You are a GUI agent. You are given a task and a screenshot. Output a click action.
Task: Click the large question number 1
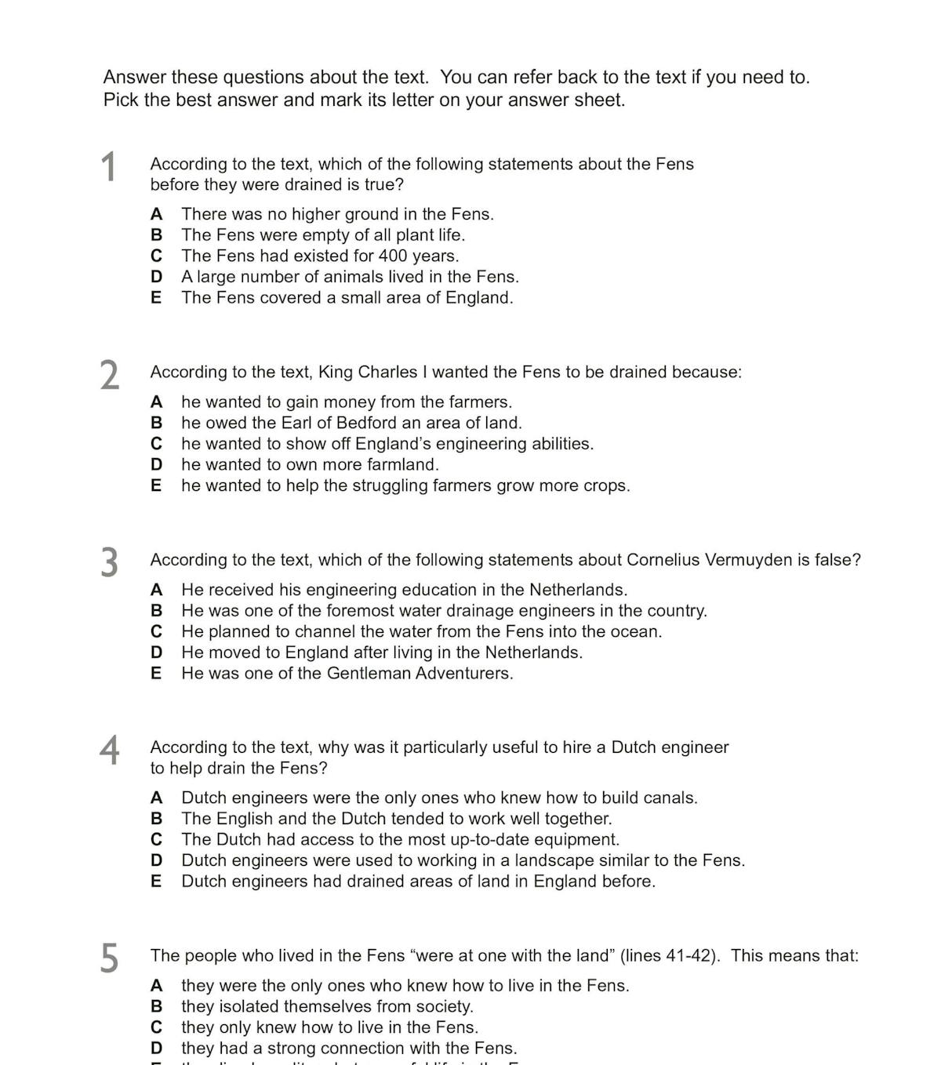click(109, 167)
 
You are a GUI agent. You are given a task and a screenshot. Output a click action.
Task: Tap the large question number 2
click(110, 375)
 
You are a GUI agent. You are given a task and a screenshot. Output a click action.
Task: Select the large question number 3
click(110, 562)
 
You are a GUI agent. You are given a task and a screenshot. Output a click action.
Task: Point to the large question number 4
click(110, 750)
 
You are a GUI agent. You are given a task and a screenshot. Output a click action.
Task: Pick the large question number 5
click(110, 958)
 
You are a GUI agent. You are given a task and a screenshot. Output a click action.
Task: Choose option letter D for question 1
click(157, 277)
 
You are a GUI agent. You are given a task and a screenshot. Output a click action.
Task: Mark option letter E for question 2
click(156, 485)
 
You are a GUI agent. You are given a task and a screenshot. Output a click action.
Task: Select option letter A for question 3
click(157, 590)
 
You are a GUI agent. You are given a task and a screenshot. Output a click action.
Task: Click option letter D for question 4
click(157, 860)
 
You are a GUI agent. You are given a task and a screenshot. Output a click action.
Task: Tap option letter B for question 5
click(157, 1006)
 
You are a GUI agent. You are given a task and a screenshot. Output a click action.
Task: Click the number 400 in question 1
click(394, 256)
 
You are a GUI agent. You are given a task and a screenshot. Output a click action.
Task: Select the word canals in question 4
click(668, 798)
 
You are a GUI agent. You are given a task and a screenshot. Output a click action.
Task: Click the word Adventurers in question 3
click(463, 673)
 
